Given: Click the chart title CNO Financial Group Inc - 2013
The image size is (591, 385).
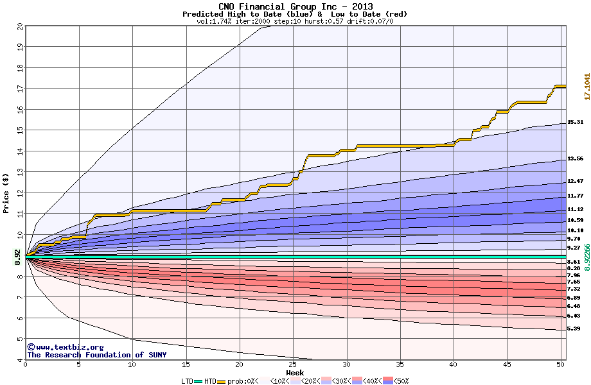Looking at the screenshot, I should point(295,6).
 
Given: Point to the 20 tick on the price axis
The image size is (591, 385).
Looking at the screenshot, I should point(20,27).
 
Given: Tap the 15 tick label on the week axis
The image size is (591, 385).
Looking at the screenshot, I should point(186,365).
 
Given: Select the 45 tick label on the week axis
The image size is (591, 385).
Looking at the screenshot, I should point(507,365).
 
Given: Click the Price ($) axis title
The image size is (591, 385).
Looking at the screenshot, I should point(6,193).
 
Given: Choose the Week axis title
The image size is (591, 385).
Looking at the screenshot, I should point(295,372).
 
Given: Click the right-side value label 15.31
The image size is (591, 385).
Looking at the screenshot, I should point(575,122).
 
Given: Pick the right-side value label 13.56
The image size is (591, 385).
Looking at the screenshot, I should point(575,158).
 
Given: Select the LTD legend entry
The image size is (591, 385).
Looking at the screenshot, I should point(188,381).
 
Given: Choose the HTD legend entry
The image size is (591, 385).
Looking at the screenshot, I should point(210,381).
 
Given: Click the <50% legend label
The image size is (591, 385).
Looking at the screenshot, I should point(400,381).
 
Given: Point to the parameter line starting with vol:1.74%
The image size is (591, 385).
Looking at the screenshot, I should point(295,21).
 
